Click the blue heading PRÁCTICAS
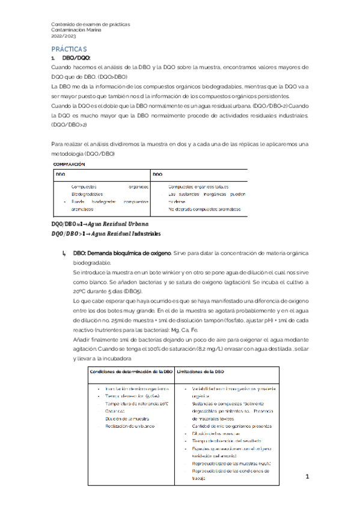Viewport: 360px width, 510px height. pyautogui.click(x=69, y=48)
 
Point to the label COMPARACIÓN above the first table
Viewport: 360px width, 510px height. pyautogui.click(x=68, y=164)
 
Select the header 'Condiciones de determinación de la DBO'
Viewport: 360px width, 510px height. pyautogui.click(x=128, y=372)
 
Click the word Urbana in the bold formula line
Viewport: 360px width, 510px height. pyautogui.click(x=130, y=224)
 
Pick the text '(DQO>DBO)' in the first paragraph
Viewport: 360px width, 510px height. pyautogui.click(x=113, y=76)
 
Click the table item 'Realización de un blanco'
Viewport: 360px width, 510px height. pyautogui.click(x=130, y=425)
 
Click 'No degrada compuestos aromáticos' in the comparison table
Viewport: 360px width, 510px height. pyautogui.click(x=205, y=209)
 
